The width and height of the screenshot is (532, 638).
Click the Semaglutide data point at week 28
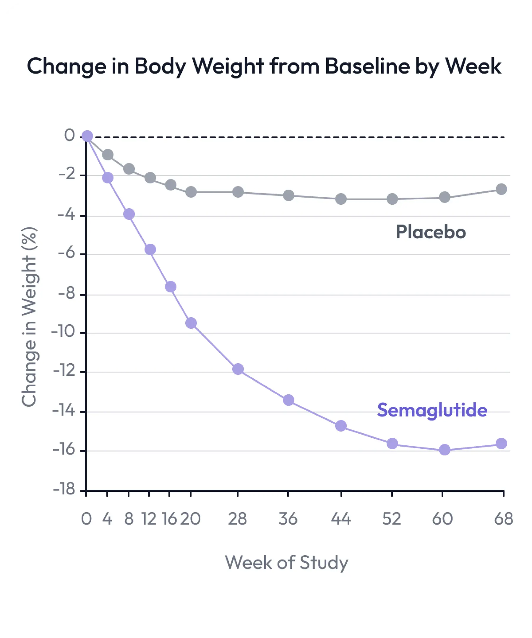coord(238,369)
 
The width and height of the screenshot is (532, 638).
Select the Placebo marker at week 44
coord(341,199)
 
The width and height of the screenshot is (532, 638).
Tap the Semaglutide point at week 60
coord(445,450)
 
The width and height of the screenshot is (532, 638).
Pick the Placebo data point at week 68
coord(501,189)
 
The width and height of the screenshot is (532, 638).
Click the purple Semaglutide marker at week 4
coord(108,178)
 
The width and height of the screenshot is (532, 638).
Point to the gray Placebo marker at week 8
coord(129,169)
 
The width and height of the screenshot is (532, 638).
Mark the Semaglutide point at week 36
coord(288,400)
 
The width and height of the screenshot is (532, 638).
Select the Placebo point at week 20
coord(191,192)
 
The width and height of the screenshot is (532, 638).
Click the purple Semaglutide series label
coord(432,410)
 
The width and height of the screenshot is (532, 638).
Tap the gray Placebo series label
coord(430,232)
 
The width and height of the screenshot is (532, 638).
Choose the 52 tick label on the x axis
coord(392,519)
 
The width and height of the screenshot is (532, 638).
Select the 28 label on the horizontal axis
coord(237,519)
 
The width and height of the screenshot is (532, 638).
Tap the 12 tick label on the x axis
coord(149,519)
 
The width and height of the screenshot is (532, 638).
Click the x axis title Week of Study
coord(286,562)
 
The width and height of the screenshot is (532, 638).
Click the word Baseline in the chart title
coord(367,66)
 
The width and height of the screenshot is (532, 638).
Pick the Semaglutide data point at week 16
coord(171,287)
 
